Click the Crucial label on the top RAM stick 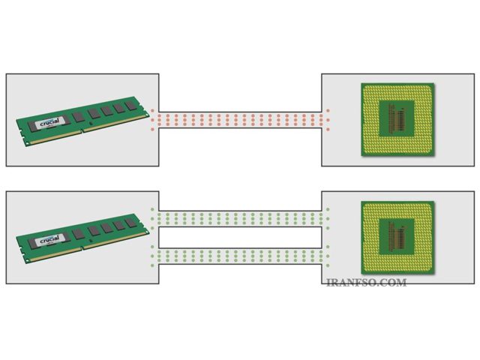coord(50,122)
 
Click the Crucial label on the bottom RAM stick coord(50,240)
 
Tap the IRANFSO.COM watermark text coord(367,282)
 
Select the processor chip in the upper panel coord(397,119)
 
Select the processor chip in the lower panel coord(397,238)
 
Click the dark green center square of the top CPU coord(397,118)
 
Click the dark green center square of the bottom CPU coord(397,237)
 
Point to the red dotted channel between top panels coord(240,120)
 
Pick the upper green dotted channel coord(240,219)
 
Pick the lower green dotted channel coord(240,256)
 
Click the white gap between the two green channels coord(240,238)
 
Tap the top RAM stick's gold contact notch coord(82,131)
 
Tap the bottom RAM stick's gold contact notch coord(82,248)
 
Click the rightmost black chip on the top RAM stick coord(131,105)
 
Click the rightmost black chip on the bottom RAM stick coord(131,223)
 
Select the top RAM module coord(82,121)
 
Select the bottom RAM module coord(82,238)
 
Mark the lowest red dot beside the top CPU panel coord(328,130)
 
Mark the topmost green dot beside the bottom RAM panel coord(152,209)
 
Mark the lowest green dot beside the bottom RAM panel coord(152,265)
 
